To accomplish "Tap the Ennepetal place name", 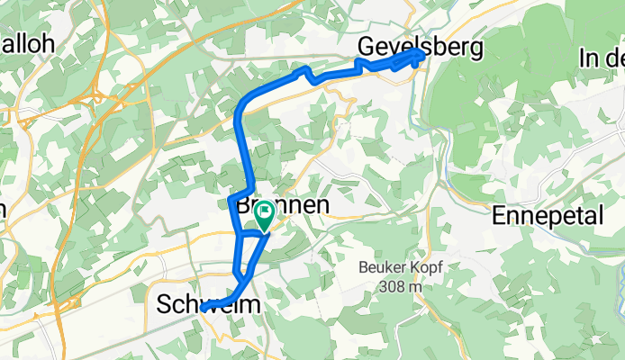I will point(550,216).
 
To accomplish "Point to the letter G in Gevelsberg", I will point(367,46).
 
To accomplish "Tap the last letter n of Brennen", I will point(320,205).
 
